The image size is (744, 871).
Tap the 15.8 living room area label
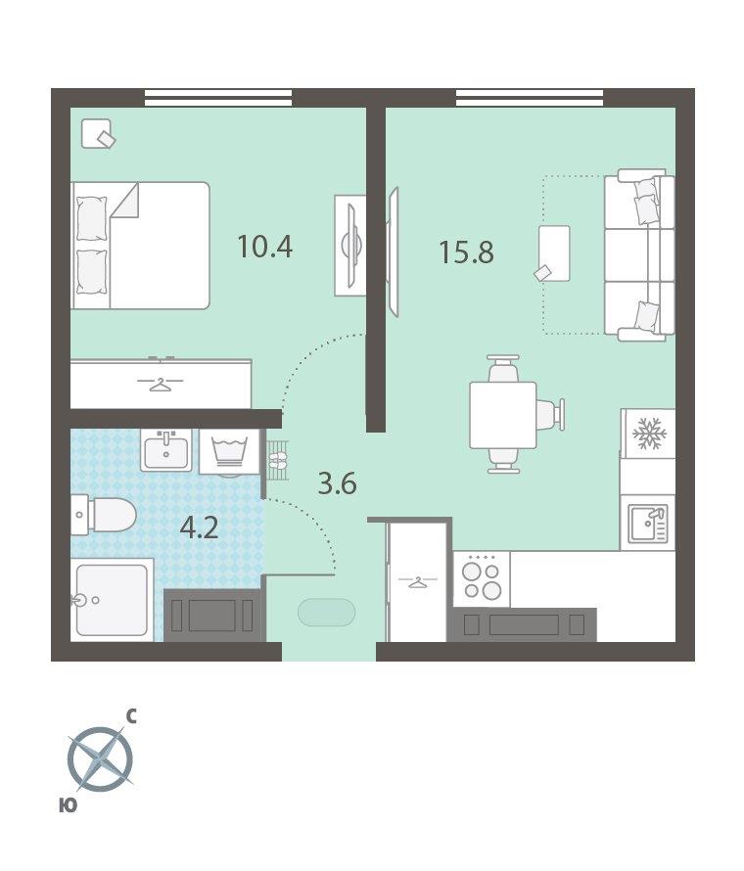[466, 252]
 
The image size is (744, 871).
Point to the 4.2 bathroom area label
[200, 527]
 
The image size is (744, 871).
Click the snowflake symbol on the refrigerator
[648, 434]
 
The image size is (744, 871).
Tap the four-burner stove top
[482, 578]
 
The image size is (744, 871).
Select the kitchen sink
[647, 524]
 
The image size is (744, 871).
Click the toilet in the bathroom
[104, 515]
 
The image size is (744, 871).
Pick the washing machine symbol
[230, 451]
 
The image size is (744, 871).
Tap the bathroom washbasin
[166, 450]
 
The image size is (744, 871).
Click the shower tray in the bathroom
[112, 600]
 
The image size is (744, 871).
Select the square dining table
[503, 414]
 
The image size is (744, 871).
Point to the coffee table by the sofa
[554, 253]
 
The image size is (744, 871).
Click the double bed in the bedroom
[140, 245]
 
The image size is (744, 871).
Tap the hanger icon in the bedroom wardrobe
[160, 383]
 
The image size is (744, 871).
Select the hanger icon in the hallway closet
[417, 582]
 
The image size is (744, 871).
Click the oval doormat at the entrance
[326, 613]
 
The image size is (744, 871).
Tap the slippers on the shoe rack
[277, 459]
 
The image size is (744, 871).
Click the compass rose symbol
[100, 758]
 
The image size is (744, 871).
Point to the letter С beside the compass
[131, 716]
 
